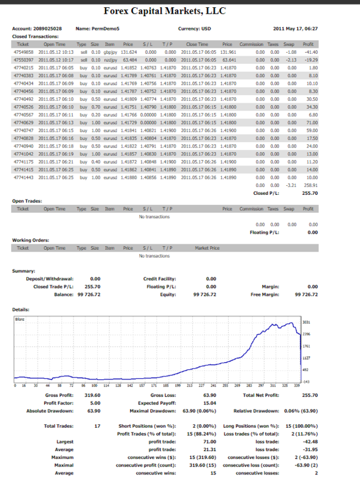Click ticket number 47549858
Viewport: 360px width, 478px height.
point(23,51)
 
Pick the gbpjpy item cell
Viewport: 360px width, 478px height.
point(109,51)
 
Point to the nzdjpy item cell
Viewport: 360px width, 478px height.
point(109,60)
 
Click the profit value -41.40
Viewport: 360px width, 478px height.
point(310,51)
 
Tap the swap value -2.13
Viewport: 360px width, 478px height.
point(291,60)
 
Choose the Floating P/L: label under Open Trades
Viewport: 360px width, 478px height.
point(264,232)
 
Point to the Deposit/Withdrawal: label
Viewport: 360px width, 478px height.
point(47,278)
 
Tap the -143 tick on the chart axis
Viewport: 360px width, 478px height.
point(307,381)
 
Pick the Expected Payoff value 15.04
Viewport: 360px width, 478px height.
point(210,403)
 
